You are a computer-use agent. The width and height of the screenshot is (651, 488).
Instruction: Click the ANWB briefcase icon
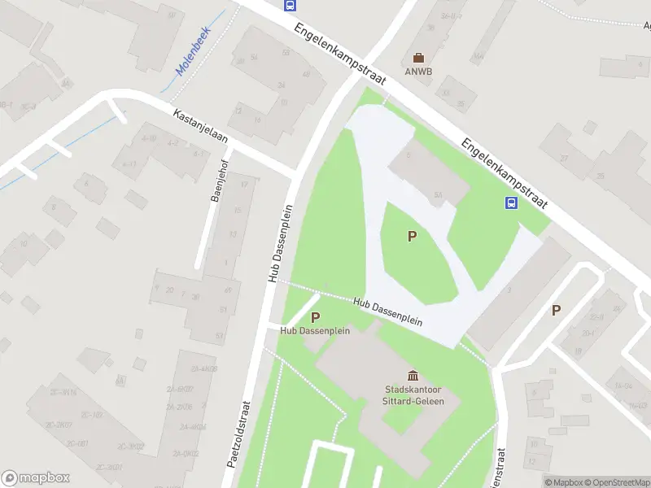coord(418,57)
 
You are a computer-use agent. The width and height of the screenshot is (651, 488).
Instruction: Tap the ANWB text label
coord(418,71)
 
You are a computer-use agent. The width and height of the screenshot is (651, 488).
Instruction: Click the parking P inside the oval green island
coord(412,237)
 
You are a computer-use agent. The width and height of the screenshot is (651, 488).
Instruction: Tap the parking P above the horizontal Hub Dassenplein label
coord(315,317)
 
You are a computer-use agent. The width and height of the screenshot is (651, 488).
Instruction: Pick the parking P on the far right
coord(557,309)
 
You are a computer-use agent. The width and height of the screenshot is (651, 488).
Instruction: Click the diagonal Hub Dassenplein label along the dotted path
coord(388,312)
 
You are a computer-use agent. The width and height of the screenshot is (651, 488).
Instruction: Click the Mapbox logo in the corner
coord(36,478)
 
